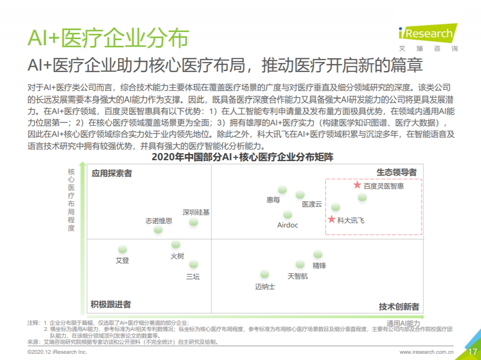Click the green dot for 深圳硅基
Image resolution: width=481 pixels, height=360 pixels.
pos(193,222)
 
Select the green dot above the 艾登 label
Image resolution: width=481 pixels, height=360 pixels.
pos(123,249)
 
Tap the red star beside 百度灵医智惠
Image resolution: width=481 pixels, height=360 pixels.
pos(357,185)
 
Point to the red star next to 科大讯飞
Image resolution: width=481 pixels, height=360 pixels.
pos(331,219)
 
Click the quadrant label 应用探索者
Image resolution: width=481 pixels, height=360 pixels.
pos(112,174)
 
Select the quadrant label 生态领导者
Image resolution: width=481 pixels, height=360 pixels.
pos(397,172)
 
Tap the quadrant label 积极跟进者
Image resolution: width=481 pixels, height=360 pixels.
pos(111,304)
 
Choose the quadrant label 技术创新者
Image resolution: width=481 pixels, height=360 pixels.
pos(399,307)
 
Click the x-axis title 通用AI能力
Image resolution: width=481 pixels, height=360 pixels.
pos(403,323)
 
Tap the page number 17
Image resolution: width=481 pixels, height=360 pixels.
pos(472,352)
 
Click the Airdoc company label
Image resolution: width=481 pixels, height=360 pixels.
pos(287,225)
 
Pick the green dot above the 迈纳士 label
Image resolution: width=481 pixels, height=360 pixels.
pos(264,274)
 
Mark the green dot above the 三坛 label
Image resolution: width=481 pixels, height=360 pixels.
pos(193,264)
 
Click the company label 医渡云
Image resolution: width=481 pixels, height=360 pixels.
pos(312,204)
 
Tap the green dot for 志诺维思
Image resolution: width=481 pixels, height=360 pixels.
pos(158,229)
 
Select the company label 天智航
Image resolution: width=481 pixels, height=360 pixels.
pos(297,276)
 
